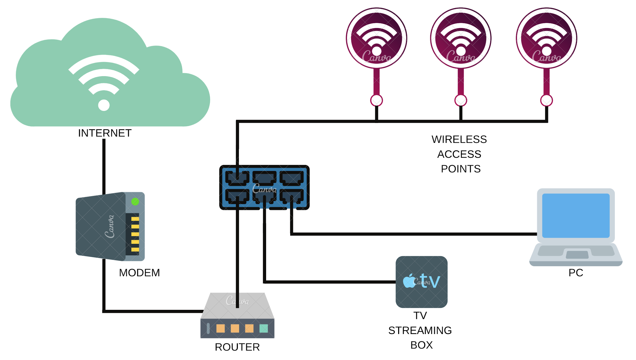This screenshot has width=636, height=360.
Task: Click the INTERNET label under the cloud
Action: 105,133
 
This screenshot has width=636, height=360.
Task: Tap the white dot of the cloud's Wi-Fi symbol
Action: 104,105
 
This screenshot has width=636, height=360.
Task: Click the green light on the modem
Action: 135,202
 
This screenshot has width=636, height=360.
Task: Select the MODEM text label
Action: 139,273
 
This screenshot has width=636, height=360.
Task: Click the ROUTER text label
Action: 237,347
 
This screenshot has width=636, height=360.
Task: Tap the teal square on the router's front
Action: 264,328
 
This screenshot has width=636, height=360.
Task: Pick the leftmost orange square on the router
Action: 221,328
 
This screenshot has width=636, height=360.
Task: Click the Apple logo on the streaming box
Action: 409,281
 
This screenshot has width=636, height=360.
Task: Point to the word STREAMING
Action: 420,330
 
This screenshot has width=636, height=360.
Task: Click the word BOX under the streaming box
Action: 421,345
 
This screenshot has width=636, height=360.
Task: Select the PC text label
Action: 576,273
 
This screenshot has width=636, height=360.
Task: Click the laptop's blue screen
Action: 576,215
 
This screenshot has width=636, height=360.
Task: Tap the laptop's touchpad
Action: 577,255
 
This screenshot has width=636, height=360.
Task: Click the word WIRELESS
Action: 459,140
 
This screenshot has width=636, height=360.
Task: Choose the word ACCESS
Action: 459,154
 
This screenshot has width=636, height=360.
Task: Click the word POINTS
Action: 461,169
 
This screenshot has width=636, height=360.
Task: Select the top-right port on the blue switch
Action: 292,178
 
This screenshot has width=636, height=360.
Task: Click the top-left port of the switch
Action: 237,178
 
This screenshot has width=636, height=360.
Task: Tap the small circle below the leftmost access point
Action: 377,100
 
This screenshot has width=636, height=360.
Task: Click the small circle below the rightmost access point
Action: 546,100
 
